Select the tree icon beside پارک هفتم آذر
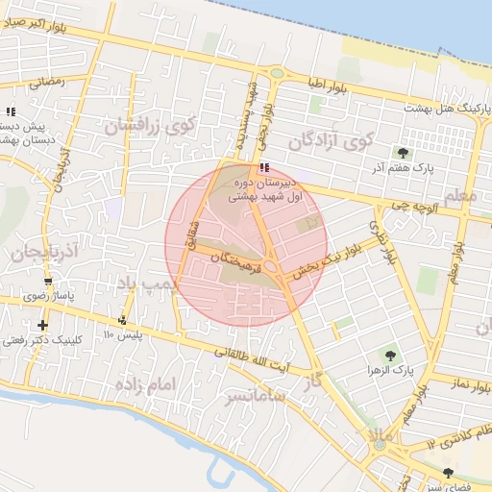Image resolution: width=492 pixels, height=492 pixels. pyautogui.click(x=402, y=152)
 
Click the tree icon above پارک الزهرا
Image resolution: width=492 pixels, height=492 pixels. pyautogui.click(x=389, y=355)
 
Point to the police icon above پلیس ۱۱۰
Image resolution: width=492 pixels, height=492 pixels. pyautogui.click(x=122, y=321)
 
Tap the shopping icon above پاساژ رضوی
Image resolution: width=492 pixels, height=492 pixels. pyautogui.click(x=48, y=282)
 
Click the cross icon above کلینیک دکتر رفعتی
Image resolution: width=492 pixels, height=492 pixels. pyautogui.click(x=42, y=325)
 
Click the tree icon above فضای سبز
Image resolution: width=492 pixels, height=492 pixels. pyautogui.click(x=449, y=472)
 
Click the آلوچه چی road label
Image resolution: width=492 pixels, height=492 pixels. pyautogui.click(x=394, y=205)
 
